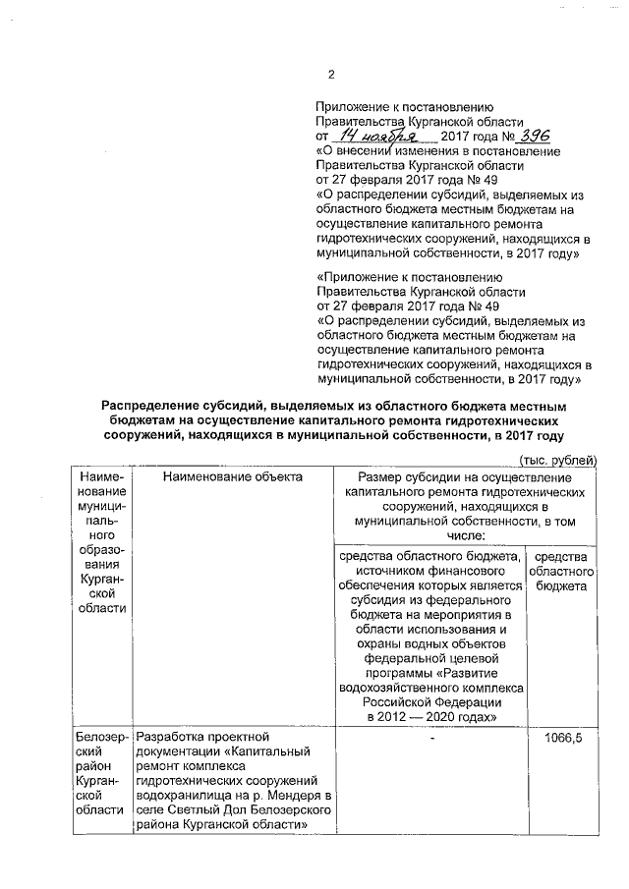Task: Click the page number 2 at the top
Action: click(x=331, y=75)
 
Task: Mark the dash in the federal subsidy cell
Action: click(x=431, y=737)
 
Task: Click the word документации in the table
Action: click(x=176, y=751)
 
